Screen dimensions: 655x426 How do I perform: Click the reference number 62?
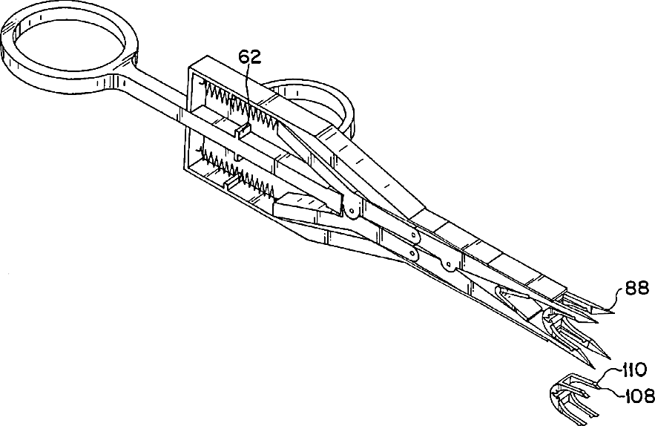(x=249, y=57)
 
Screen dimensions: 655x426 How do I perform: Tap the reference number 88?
(x=636, y=287)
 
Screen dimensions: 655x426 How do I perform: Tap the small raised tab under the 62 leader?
(x=243, y=131)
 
